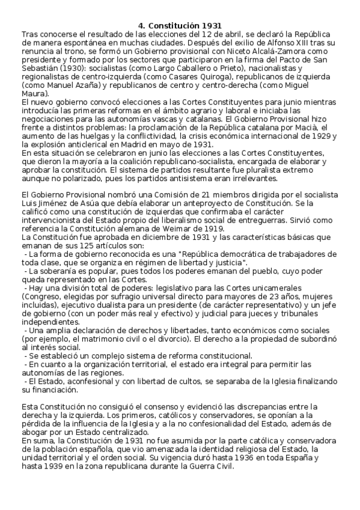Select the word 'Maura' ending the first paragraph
[x=33, y=94]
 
